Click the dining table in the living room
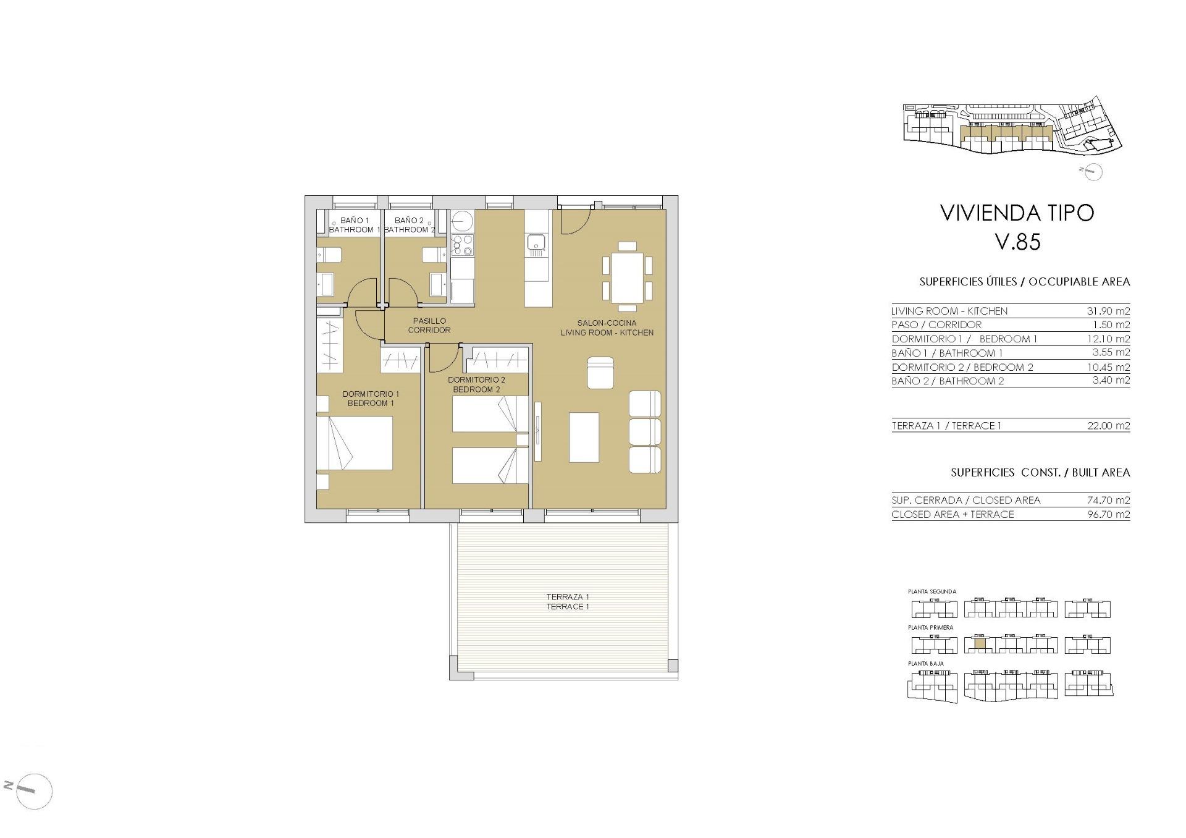627,277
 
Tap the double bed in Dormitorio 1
355,443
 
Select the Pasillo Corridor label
429,325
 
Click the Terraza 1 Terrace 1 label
567,601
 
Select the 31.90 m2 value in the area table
1108,311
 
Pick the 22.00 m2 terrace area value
1108,426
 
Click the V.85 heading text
1017,242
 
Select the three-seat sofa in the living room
645,432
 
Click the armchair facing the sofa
600,373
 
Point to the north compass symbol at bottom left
28,790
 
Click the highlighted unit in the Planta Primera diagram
980,643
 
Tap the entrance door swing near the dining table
574,222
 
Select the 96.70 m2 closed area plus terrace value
1108,515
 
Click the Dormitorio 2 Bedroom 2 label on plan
476,384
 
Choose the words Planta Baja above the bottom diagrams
925,664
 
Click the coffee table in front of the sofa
584,437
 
